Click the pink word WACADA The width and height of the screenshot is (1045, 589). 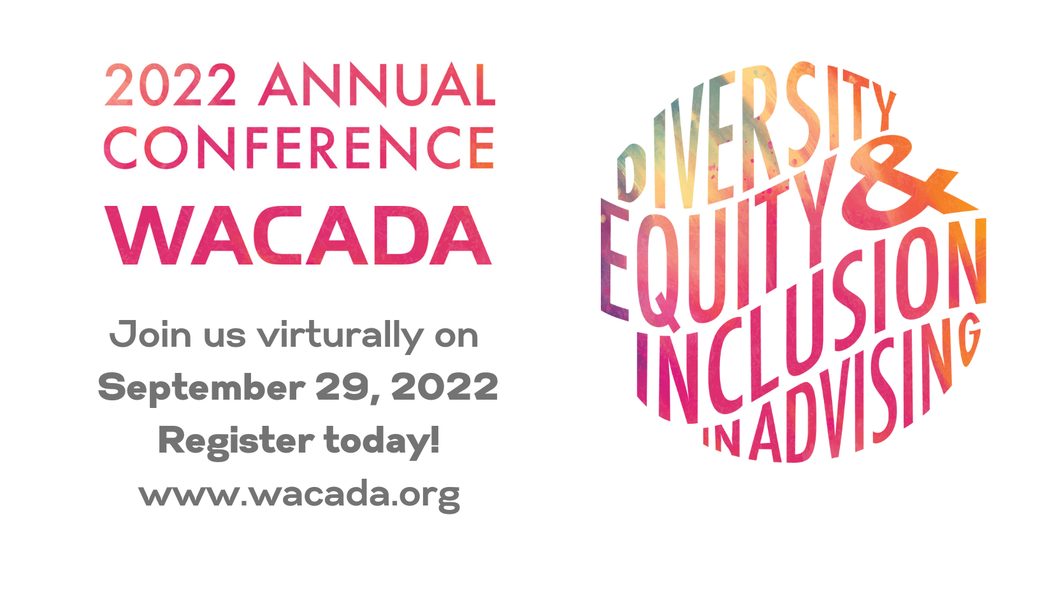point(298,236)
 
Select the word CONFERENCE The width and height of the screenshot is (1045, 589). point(299,147)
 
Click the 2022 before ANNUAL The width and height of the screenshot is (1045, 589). point(170,85)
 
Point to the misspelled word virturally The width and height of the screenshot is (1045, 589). point(340,336)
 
